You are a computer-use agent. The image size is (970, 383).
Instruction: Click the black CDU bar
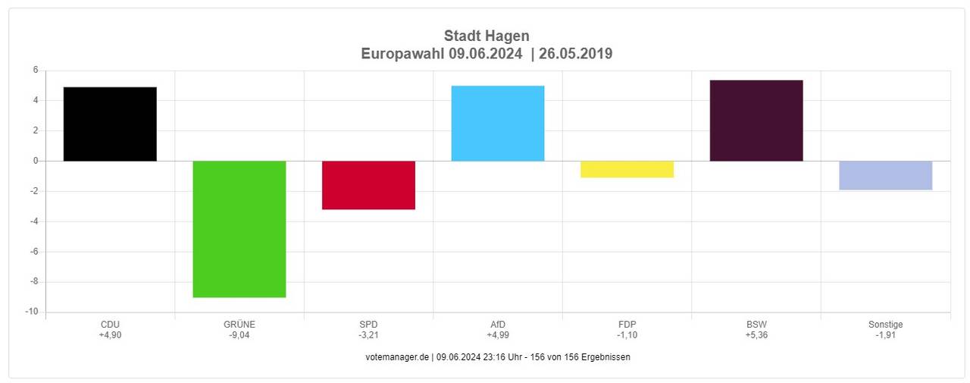pyautogui.click(x=110, y=124)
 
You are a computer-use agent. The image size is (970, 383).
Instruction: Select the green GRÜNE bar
pyautogui.click(x=239, y=229)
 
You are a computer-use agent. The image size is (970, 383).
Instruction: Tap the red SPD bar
pyautogui.click(x=368, y=185)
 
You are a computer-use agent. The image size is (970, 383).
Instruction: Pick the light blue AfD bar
pyautogui.click(x=497, y=123)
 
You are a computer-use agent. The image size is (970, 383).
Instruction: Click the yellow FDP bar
pyautogui.click(x=627, y=169)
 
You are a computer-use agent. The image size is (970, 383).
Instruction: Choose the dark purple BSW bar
pyautogui.click(x=756, y=121)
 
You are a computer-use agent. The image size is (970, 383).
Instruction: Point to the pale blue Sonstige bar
pyautogui.click(x=885, y=175)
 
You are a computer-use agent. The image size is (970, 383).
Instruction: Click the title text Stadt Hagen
pyautogui.click(x=487, y=36)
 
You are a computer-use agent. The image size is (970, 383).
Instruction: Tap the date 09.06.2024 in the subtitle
pyautogui.click(x=485, y=54)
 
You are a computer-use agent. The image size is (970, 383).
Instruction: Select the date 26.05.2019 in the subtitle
pyautogui.click(x=576, y=54)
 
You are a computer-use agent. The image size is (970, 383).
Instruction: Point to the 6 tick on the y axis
pyautogui.click(x=35, y=71)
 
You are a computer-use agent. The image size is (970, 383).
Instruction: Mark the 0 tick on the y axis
pyautogui.click(x=35, y=161)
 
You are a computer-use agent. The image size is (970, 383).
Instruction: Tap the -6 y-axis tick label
pyautogui.click(x=33, y=252)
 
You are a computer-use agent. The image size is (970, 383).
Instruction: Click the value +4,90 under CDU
pyautogui.click(x=110, y=335)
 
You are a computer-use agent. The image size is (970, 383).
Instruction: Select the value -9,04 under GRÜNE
pyautogui.click(x=239, y=335)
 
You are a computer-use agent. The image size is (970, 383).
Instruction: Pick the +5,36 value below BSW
pyautogui.click(x=756, y=335)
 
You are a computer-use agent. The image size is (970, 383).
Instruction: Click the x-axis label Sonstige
pyautogui.click(x=885, y=325)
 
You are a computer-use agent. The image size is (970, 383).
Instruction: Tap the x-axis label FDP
pyautogui.click(x=627, y=325)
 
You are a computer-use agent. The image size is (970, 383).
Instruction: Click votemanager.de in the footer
pyautogui.click(x=397, y=357)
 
